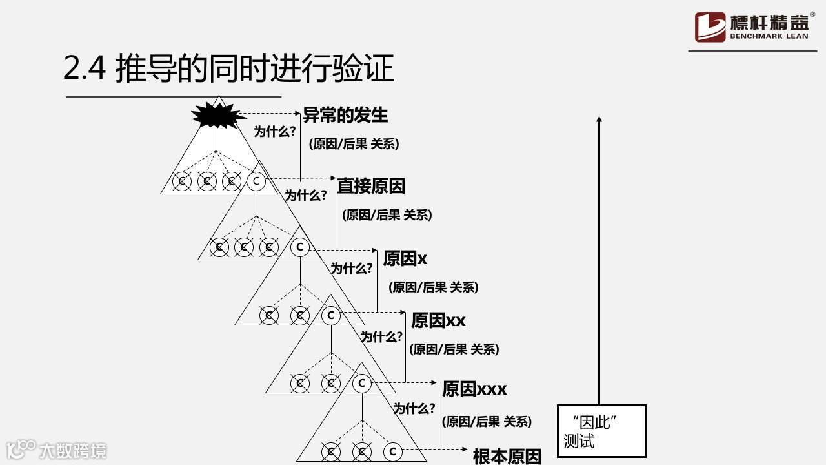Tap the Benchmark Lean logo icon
(x=710, y=27)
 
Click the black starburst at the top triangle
(x=217, y=116)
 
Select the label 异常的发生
(x=345, y=115)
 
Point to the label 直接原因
(x=371, y=186)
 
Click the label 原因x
(x=405, y=258)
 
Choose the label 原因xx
(x=438, y=320)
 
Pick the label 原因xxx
(x=474, y=389)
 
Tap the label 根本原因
(x=507, y=457)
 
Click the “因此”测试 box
(x=601, y=431)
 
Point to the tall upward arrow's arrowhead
(x=599, y=120)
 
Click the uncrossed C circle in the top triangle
(x=256, y=181)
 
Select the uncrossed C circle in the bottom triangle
(x=392, y=451)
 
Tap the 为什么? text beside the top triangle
(x=275, y=132)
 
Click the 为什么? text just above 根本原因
(x=414, y=408)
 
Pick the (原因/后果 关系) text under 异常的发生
(x=354, y=144)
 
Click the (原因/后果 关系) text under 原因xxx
(x=487, y=422)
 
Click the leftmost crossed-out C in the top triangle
(x=182, y=181)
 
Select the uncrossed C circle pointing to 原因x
(x=299, y=247)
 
